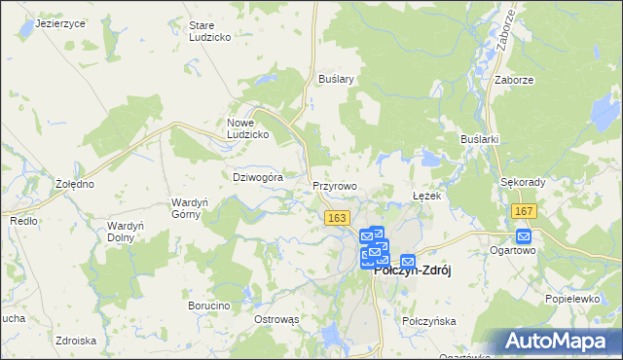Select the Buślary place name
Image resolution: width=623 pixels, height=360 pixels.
tap(335, 79)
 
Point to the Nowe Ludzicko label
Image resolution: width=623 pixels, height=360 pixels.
tap(247, 128)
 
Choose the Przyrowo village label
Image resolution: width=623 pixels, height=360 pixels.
tap(335, 185)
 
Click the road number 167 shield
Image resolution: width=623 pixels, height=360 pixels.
tap(524, 212)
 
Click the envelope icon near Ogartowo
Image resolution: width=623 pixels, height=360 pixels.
tap(524, 236)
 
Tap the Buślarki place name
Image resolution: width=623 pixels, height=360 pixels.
tap(480, 139)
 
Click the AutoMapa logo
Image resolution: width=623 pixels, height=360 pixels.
tap(563, 342)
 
